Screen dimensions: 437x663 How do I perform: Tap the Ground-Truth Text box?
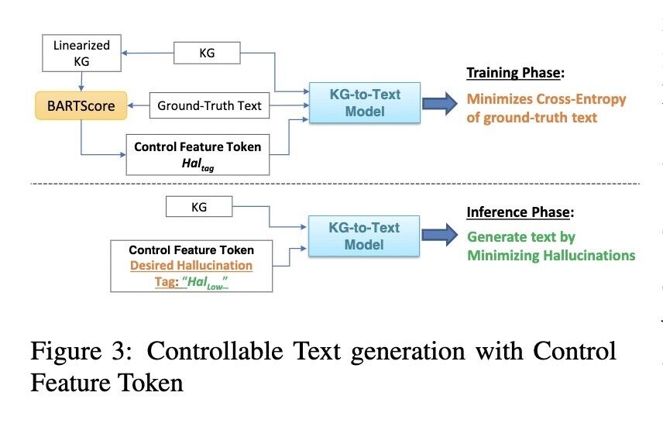(209, 105)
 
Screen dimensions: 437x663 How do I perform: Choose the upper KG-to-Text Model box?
(365, 102)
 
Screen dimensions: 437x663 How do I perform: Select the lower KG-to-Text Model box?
(365, 235)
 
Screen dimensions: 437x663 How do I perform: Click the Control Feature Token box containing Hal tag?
(197, 153)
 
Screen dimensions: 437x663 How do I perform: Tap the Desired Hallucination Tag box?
(191, 266)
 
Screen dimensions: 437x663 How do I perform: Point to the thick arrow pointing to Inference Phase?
(440, 235)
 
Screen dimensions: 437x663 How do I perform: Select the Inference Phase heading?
(518, 212)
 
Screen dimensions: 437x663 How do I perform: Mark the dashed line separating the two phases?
(333, 184)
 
